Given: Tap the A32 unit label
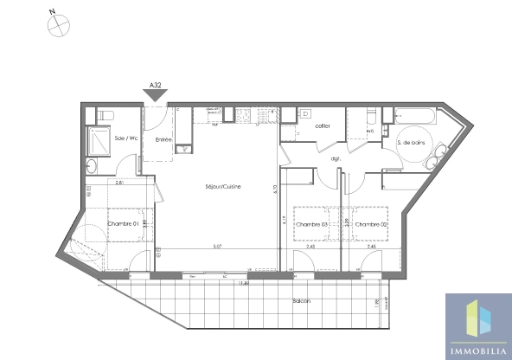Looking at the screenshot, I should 157,86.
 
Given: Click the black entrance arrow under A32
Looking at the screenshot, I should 157,98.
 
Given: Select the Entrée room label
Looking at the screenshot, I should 163,140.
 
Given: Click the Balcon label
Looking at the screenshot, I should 300,301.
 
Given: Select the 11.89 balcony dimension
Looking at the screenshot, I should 246,282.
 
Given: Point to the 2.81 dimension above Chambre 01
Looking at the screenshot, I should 120,183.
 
